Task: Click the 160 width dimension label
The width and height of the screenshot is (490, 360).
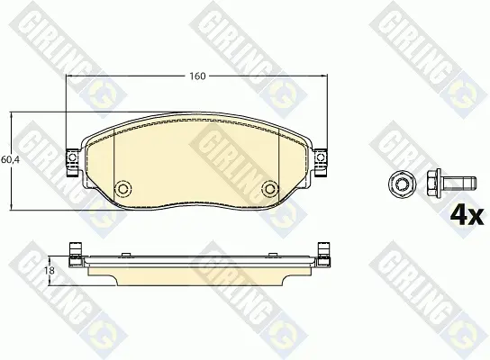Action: pyautogui.click(x=198, y=76)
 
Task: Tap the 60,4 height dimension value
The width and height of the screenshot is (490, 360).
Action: pyautogui.click(x=10, y=160)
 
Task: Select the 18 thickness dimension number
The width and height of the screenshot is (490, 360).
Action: pyautogui.click(x=49, y=270)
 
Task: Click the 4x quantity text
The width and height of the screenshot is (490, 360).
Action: pyautogui.click(x=467, y=215)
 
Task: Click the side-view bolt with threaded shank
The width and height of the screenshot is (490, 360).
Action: pyautogui.click(x=451, y=183)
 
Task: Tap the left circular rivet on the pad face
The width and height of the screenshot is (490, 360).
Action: pyautogui.click(x=122, y=188)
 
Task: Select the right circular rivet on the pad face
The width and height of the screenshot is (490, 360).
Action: pyautogui.click(x=270, y=188)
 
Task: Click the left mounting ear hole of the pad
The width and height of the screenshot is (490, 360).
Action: pyautogui.click(x=72, y=157)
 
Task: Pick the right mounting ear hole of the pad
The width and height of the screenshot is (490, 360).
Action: pyautogui.click(x=321, y=157)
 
